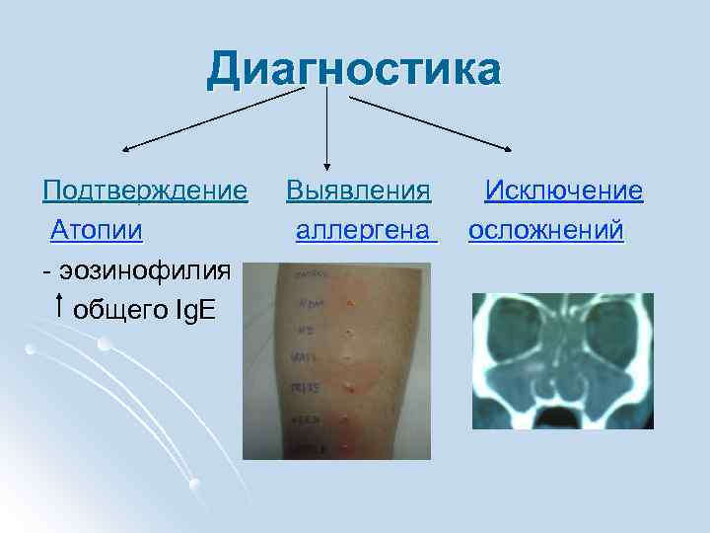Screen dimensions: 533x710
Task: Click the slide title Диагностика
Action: coord(354,72)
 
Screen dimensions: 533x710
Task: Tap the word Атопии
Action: coord(98,231)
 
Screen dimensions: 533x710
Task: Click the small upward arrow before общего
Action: coord(61,306)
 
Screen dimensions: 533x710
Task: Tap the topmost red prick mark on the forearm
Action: coord(348,301)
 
